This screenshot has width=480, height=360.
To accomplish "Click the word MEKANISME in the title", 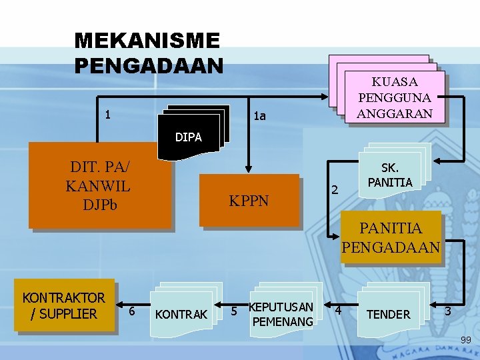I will pos(147,41).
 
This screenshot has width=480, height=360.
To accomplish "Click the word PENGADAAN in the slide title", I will pos(149,66).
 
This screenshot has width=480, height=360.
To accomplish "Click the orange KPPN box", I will pos(249,200).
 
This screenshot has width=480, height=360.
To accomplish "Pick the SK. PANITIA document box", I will pos(389,175).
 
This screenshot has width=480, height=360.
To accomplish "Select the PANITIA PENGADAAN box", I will pos(391,238).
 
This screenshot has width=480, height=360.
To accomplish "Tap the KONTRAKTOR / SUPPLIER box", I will pos(64,305).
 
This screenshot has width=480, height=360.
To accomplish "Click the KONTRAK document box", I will pos(181,314).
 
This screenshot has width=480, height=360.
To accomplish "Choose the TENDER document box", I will pos(389,314).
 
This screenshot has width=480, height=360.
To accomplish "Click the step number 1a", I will pos(260,117).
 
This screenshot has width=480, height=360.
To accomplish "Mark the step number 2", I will pos(336,191).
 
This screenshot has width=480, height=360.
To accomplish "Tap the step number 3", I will pos(448,311).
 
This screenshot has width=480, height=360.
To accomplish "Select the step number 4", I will pos(338,311).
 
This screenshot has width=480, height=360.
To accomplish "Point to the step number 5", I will pos(234,311).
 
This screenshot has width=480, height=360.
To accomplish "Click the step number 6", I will pos(132,311).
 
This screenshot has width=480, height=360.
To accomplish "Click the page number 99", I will pos(466,341).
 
